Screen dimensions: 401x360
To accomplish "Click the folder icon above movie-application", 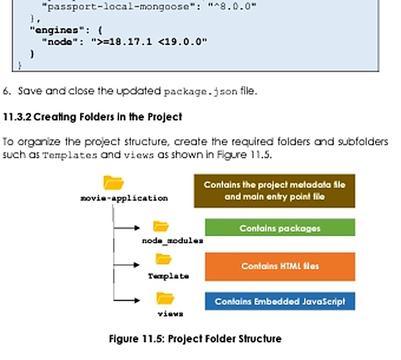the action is point(114,182).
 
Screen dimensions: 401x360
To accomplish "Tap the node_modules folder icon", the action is point(160,226).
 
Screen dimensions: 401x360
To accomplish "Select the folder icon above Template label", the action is point(163,259).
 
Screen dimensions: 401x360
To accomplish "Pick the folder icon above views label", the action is point(165,298).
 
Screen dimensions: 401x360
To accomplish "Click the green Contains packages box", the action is point(280,227).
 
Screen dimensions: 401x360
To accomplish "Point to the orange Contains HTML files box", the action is point(280,267).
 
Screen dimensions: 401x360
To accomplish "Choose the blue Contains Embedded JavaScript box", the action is point(280,301).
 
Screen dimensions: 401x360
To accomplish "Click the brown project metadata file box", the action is point(274,191).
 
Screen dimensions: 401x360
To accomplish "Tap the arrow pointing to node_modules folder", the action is point(127,228).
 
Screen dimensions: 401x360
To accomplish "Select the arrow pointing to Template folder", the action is point(127,265).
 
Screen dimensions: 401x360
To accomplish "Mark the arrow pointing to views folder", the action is point(127,300).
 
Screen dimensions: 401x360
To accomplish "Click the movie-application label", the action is point(124,198).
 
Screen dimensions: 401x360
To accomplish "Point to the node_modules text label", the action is point(173,241).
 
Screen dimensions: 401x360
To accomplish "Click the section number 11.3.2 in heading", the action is point(17,117).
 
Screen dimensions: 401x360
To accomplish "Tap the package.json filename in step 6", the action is point(200,91).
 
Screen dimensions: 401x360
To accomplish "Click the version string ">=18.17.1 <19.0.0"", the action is point(149,42).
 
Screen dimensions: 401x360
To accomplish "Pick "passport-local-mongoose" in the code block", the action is point(119,6).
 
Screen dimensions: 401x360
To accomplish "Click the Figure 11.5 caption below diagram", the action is point(195,339).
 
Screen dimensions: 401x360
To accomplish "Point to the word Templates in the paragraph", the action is point(70,155).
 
